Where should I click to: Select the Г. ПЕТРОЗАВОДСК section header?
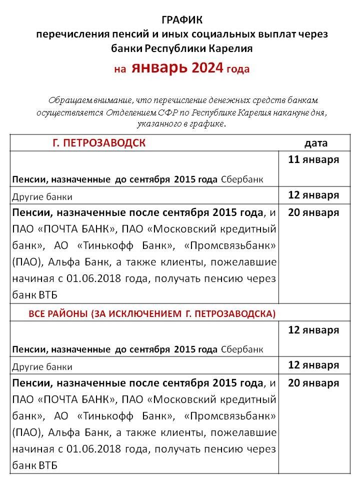pyautogui.click(x=99, y=143)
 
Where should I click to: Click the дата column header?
pyautogui.click(x=316, y=143)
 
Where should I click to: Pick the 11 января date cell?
pyautogui.click(x=313, y=160)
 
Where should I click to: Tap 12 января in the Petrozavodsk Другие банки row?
pyautogui.click(x=313, y=195)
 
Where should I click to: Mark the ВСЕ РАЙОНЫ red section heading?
pyautogui.click(x=152, y=313)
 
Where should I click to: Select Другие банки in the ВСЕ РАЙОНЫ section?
pyautogui.click(x=42, y=366)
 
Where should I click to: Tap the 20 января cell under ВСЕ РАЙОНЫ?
pyautogui.click(x=313, y=383)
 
